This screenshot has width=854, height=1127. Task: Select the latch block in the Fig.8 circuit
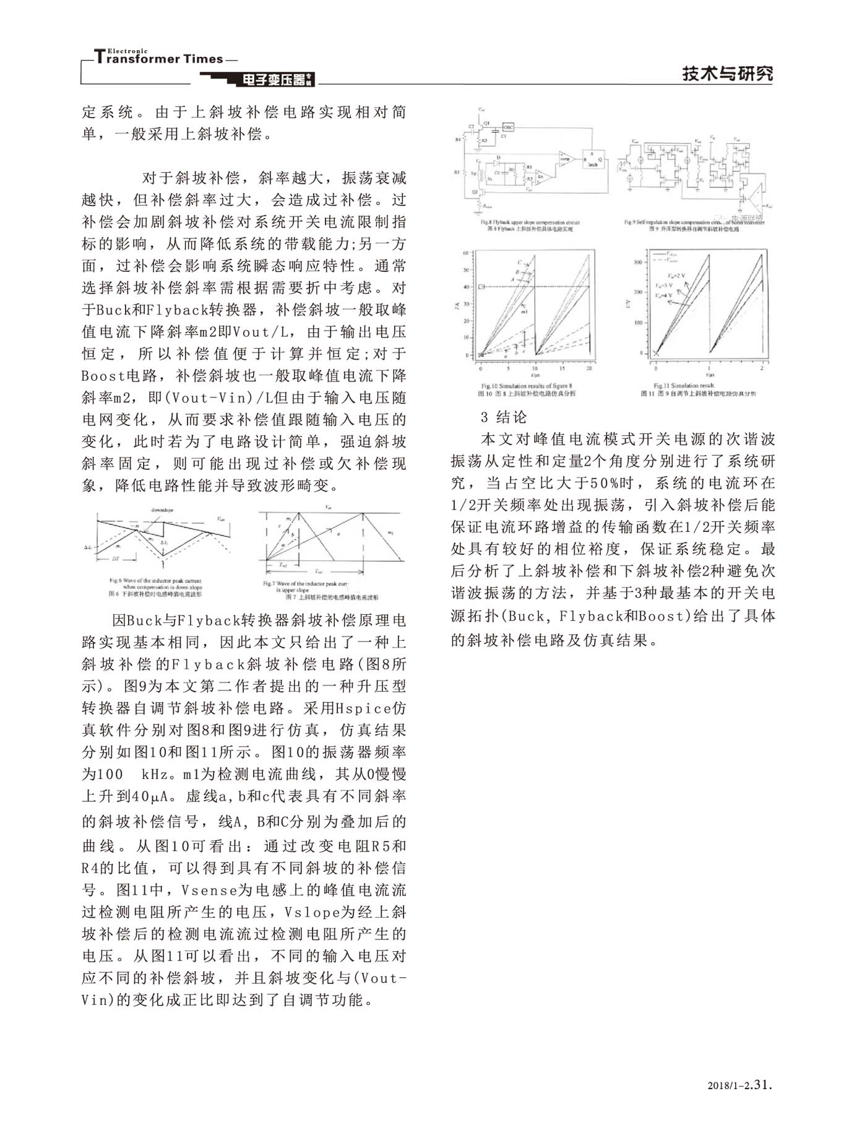click(x=593, y=159)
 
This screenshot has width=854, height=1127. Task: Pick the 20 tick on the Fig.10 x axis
click(x=589, y=368)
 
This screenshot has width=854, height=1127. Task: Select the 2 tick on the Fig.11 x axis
click(x=761, y=368)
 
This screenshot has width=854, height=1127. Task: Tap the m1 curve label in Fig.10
click(x=524, y=313)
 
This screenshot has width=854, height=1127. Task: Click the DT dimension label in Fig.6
click(x=115, y=559)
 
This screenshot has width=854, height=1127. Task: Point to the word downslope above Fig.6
click(x=162, y=510)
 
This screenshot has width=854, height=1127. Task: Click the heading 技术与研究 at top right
click(x=728, y=74)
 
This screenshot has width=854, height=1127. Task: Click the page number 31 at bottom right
click(x=763, y=1084)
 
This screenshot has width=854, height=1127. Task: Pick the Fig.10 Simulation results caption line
click(x=527, y=386)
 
